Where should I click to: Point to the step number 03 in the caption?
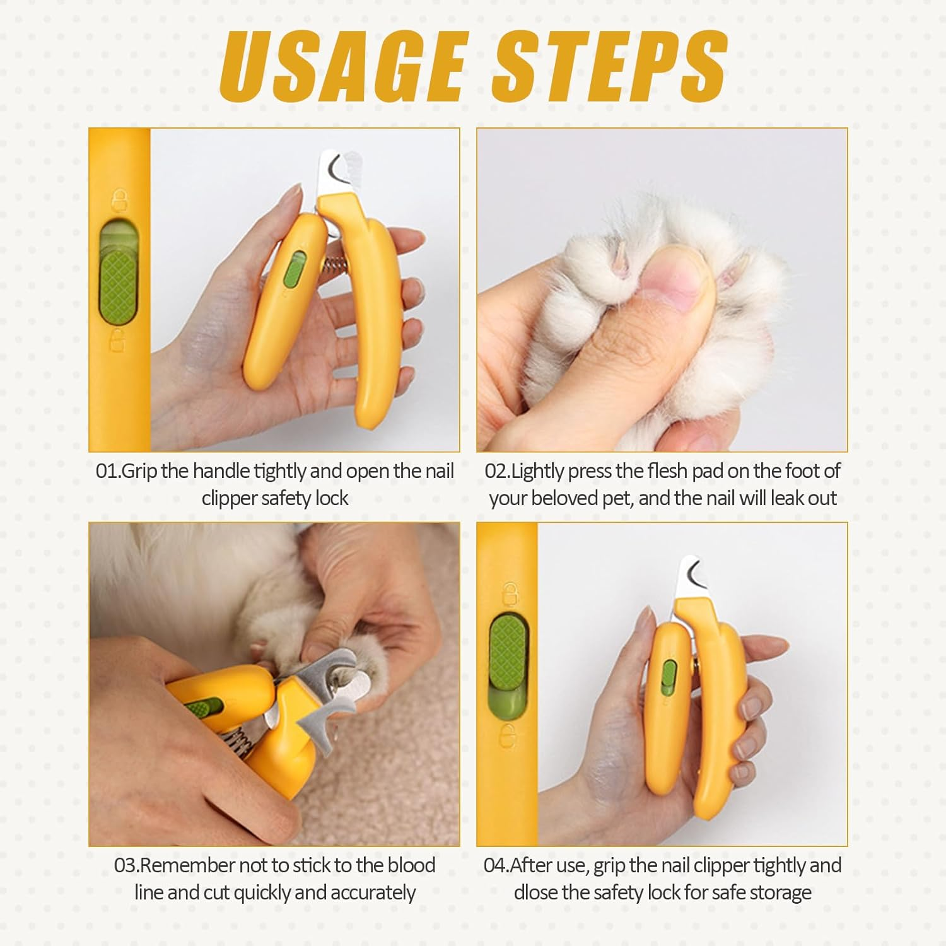click(126, 865)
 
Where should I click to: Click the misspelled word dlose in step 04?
click(537, 893)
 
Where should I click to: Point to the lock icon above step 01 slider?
click(117, 201)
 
